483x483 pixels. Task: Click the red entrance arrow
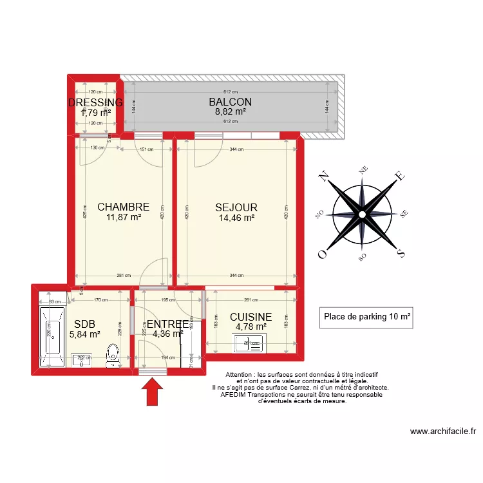(153, 392)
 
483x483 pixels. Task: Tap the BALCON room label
(230, 102)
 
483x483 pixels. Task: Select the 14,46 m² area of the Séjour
(236, 218)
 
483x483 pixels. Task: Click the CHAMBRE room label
(123, 207)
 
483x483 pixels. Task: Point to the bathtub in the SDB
(51, 336)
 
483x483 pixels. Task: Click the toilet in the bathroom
(113, 354)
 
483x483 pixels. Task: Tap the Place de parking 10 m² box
(366, 317)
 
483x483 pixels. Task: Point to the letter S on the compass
(401, 252)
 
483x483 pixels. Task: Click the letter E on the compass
(399, 175)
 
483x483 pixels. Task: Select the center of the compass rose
(362, 214)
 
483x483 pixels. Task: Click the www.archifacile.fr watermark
(442, 432)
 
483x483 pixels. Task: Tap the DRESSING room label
(95, 103)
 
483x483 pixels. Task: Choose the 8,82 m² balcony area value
(230, 112)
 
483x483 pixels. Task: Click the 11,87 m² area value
(123, 218)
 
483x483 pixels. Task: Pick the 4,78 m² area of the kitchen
(251, 327)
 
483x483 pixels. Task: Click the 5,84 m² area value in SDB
(84, 334)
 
